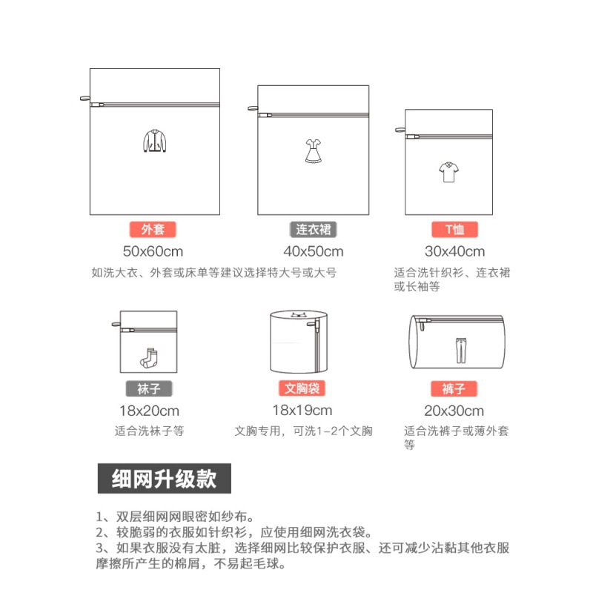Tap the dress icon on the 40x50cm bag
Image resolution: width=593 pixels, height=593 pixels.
(x=312, y=150)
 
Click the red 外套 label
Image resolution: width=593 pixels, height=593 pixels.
(x=153, y=229)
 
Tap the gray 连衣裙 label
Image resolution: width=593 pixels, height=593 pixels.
(x=313, y=229)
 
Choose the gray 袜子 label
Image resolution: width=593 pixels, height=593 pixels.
(x=149, y=389)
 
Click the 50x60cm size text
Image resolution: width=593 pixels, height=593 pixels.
(x=153, y=251)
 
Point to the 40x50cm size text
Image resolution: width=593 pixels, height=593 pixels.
(x=313, y=251)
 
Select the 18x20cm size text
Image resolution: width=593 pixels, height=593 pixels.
(x=149, y=411)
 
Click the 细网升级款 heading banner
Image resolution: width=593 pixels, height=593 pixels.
(x=164, y=478)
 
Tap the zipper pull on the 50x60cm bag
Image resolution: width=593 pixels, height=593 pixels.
(x=84, y=102)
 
